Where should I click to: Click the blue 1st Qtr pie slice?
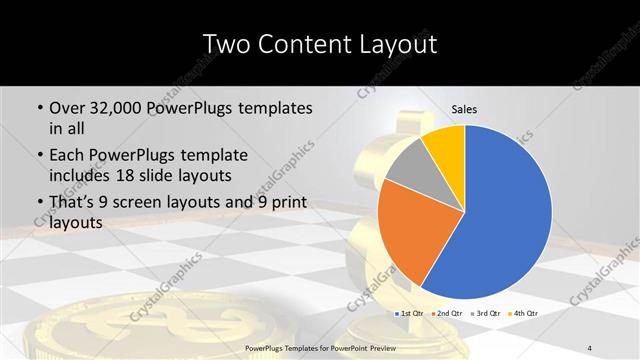[x=505, y=215]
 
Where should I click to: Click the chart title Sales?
[x=464, y=109]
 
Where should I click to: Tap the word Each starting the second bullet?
[x=69, y=155]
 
